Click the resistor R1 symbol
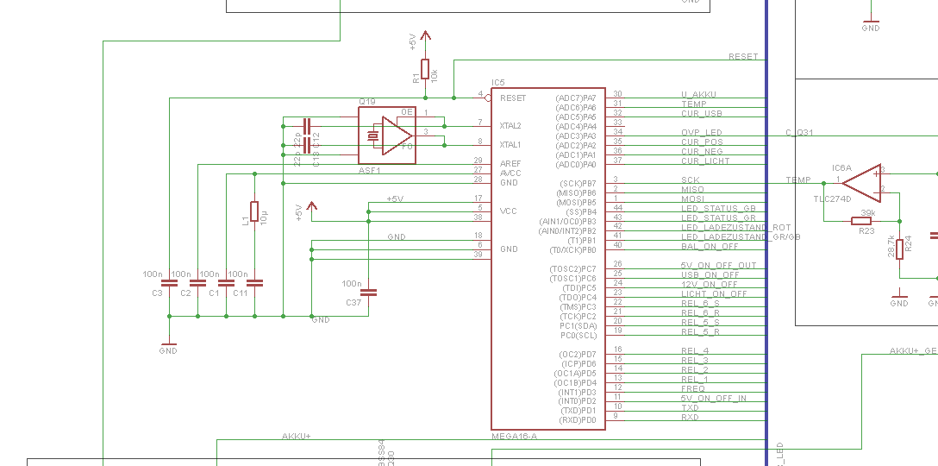click(425, 69)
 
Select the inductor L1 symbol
click(254, 211)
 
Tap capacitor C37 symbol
click(368, 293)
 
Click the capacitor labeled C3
click(170, 282)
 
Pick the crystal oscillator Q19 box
click(386, 135)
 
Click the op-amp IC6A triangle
click(862, 181)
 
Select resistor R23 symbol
click(861, 221)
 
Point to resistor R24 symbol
click(900, 248)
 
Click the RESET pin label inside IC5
click(513, 98)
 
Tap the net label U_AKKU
click(698, 94)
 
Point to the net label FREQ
click(692, 388)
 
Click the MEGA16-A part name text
click(514, 436)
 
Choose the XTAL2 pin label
click(510, 126)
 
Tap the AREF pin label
click(509, 163)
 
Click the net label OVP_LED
click(701, 132)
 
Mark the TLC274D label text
click(832, 198)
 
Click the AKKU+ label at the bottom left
click(296, 436)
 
